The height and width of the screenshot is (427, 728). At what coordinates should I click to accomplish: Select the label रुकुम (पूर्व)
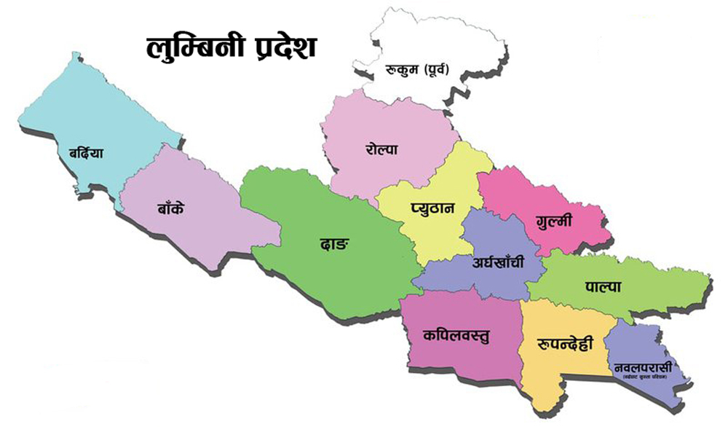(x=418, y=71)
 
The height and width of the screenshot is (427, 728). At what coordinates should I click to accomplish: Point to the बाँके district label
(x=170, y=208)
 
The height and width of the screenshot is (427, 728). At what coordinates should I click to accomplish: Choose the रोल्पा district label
(x=381, y=149)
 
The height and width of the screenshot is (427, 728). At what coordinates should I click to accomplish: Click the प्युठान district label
(x=432, y=208)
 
